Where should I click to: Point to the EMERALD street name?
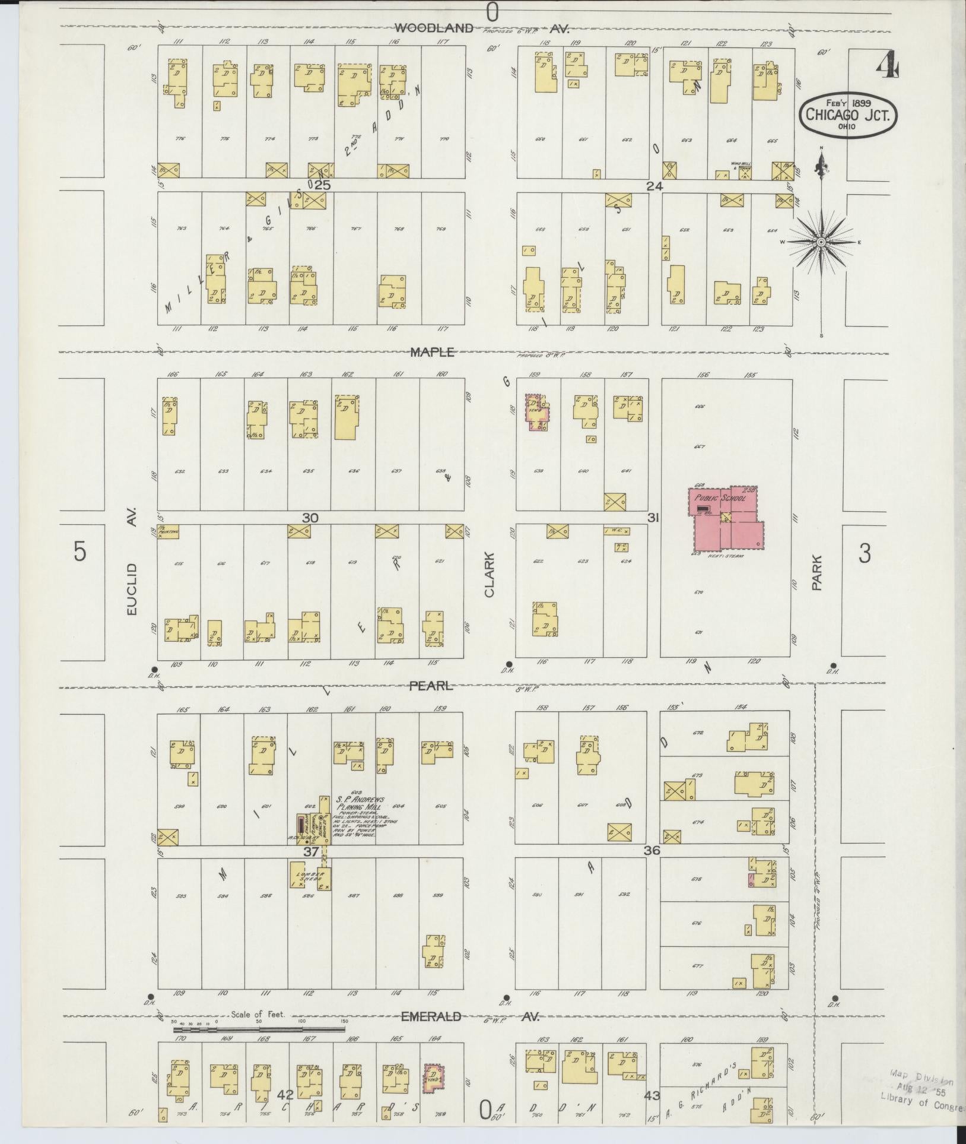(431, 1016)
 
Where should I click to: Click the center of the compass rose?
(821, 242)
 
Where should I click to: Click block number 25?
(322, 185)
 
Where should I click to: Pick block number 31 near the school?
(653, 518)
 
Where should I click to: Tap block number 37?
(310, 851)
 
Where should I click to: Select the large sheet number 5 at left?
(80, 552)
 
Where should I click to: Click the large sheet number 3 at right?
(865, 554)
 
